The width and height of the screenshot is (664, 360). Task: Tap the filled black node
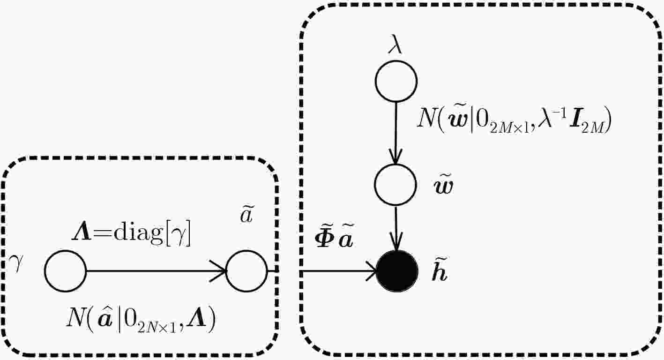(397, 271)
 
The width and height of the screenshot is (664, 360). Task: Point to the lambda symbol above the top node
(395, 45)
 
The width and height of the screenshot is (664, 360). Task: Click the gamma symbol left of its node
(16, 262)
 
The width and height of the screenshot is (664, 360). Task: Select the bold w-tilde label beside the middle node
(443, 186)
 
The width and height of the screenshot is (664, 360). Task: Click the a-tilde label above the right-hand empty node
(246, 215)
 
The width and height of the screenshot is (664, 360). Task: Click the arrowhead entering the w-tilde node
(395, 157)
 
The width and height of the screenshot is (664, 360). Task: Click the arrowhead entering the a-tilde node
(218, 271)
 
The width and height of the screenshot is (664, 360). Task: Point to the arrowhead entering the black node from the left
(371, 271)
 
